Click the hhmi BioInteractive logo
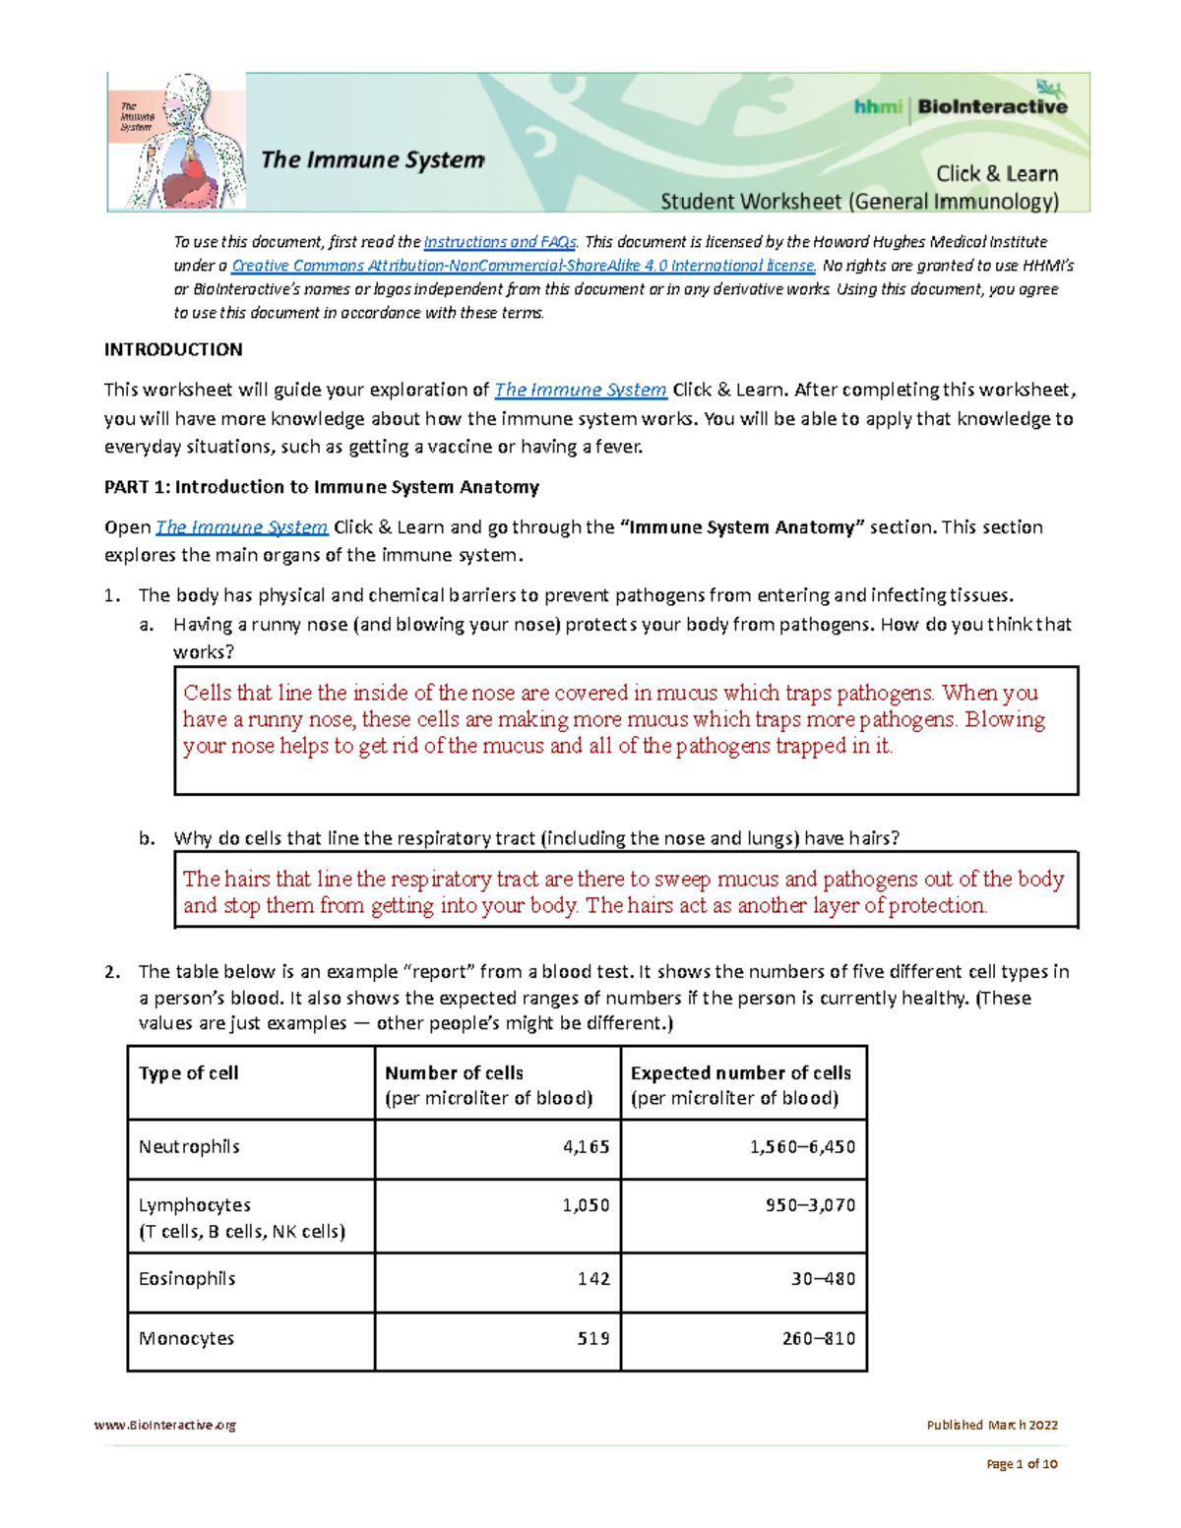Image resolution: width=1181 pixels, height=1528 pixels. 960,106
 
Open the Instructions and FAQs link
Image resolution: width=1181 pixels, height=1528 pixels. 500,242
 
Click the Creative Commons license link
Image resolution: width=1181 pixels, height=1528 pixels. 523,266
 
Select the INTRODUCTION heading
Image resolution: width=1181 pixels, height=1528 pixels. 173,349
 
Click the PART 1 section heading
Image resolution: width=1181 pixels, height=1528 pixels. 322,487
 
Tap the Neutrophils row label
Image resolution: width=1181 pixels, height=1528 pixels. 189,1147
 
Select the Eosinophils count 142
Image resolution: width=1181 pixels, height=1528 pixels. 593,1279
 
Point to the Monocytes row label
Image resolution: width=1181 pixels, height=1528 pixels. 186,1339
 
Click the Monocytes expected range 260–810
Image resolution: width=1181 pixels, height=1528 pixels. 818,1339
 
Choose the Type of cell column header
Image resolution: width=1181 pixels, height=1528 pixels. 189,1073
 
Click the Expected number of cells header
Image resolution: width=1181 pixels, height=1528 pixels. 740,1073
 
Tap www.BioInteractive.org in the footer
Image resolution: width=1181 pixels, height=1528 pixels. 165,1425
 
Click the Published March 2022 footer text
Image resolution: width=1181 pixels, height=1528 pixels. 992,1425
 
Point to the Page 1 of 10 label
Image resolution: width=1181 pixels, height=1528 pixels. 1022,1464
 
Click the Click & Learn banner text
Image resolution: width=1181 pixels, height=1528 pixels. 996,174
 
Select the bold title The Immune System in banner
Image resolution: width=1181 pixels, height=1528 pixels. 373,159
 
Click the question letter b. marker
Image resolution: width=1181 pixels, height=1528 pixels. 147,838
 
